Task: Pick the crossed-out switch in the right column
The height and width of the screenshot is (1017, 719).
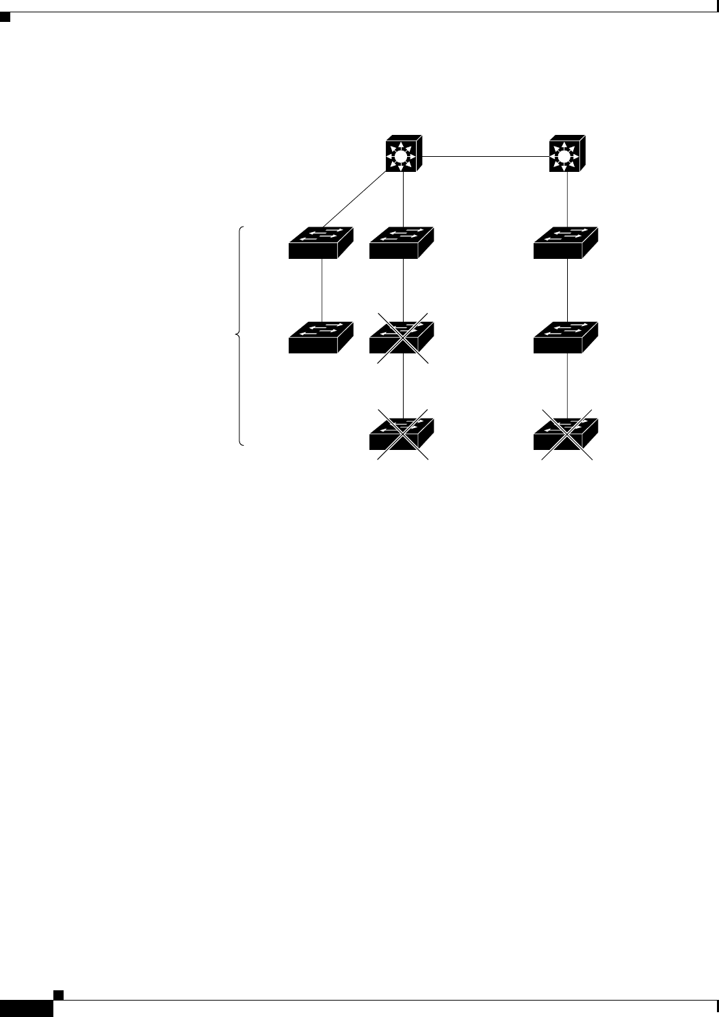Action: [566, 434]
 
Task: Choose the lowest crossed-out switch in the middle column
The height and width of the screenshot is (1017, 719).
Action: [402, 434]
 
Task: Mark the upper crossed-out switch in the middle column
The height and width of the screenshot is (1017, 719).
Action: [402, 338]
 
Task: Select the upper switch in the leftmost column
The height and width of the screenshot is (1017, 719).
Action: [321, 243]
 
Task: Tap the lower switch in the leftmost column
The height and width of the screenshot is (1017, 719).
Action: [321, 338]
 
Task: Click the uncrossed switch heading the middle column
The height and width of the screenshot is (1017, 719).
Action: [402, 243]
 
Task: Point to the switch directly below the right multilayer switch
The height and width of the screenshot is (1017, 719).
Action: [566, 243]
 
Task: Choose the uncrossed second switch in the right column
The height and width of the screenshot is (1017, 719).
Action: [566, 338]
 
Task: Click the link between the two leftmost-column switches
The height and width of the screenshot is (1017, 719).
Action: [322, 290]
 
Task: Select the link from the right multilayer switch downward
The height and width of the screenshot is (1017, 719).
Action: [568, 199]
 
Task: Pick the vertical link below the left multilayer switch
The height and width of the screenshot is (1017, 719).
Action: [404, 199]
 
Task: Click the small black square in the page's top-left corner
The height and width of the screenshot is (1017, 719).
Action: [5, 16]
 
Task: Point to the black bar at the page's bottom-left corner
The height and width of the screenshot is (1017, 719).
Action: [26, 1008]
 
